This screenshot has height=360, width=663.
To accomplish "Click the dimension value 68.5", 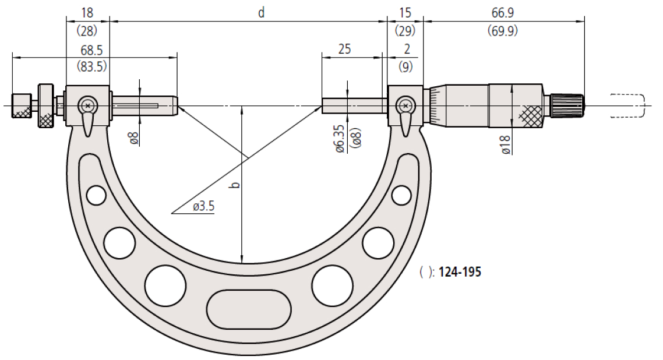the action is point(91,50).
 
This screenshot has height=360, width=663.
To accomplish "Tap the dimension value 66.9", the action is point(502,13).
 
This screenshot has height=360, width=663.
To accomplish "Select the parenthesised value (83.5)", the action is point(91,66).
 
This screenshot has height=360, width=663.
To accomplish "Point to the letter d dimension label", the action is point(262,13).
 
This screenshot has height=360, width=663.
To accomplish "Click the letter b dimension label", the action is point(236,185).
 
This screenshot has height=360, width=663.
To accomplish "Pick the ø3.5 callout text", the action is point(204,206).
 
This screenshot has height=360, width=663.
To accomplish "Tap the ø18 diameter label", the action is point(506,144).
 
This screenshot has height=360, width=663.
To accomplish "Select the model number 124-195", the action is point(460,271).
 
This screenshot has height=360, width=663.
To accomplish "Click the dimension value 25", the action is point(344,49).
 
